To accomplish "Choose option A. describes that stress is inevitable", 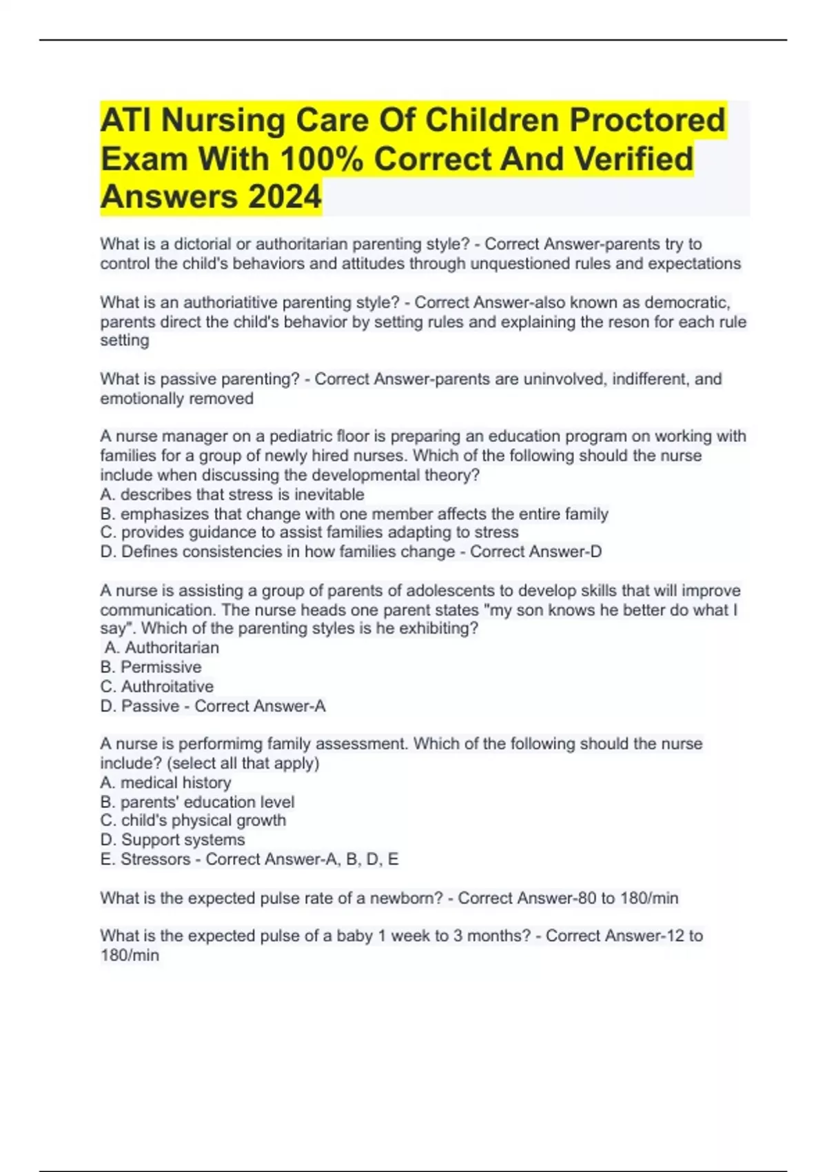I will click(x=232, y=494).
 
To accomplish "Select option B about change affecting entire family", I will click(x=354, y=514).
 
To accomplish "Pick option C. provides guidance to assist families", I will click(x=309, y=532).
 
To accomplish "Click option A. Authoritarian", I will click(x=163, y=647).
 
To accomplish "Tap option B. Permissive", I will click(x=151, y=667).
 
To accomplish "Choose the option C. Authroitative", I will click(x=157, y=687).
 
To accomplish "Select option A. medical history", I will click(x=165, y=782).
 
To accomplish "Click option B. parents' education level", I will click(x=197, y=802).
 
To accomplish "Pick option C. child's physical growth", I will click(x=193, y=820).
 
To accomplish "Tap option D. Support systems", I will click(x=172, y=840).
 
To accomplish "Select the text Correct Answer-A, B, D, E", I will click(x=302, y=859).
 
